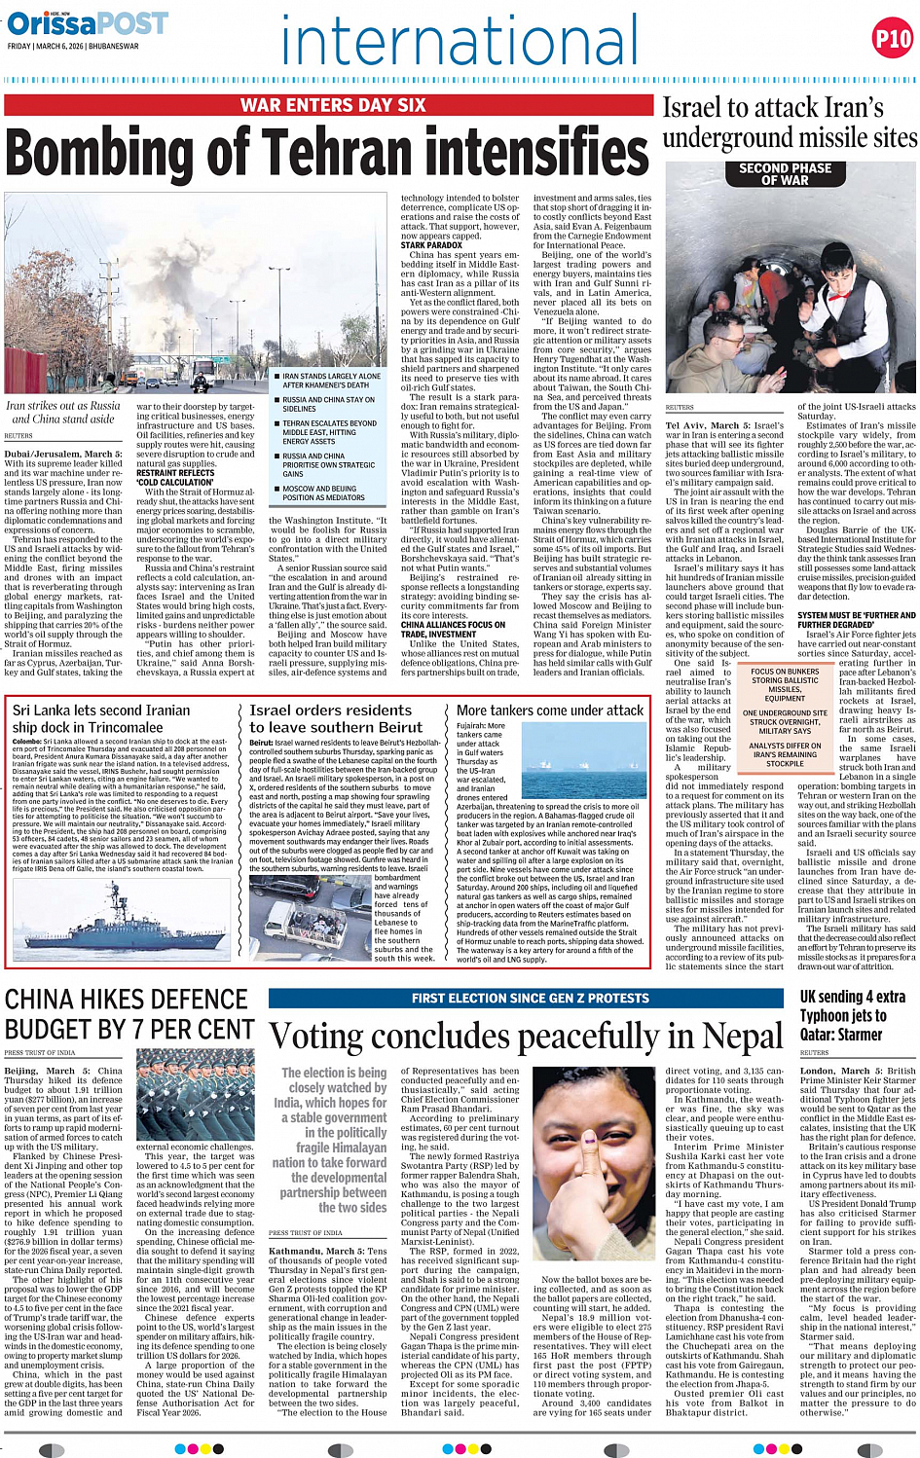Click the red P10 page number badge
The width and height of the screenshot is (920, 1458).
point(892,39)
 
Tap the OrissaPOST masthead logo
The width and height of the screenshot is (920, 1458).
point(88,23)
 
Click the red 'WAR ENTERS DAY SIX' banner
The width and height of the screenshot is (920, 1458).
point(333,105)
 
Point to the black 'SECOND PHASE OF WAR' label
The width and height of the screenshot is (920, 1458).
point(785,174)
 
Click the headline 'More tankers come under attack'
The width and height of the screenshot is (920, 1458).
point(550,711)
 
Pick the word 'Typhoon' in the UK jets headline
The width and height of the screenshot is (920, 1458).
point(829,1016)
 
